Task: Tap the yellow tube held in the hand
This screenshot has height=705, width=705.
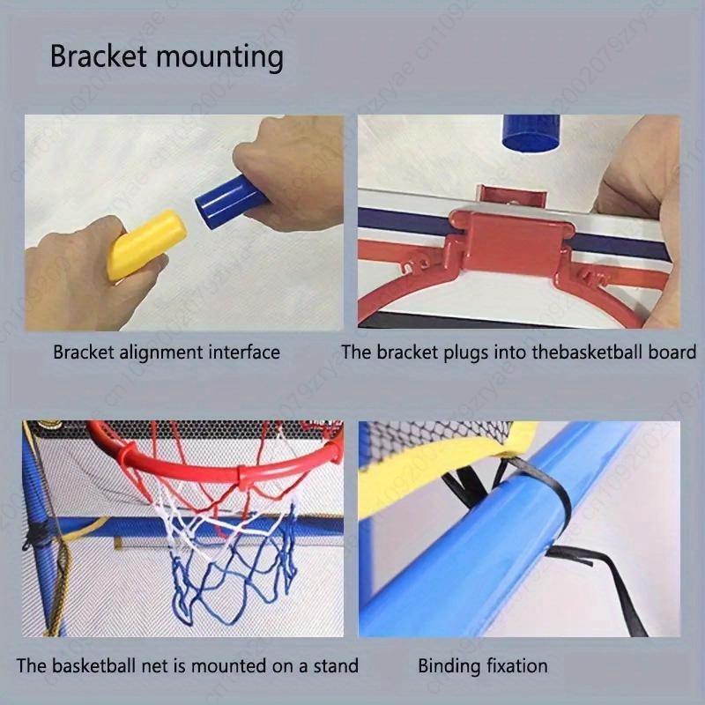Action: click(146, 245)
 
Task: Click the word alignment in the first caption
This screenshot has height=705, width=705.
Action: click(160, 352)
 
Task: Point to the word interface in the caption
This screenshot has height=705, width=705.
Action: click(244, 352)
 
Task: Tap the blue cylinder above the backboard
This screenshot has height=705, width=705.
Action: click(531, 132)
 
